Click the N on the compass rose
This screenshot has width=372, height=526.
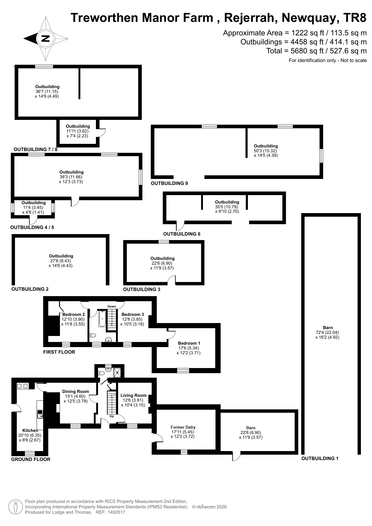tap(45, 38)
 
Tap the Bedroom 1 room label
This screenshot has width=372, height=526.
tap(189, 343)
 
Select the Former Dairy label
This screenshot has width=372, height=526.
tap(183, 427)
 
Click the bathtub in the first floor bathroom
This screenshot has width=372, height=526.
tap(102, 319)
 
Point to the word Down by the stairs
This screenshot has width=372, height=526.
tap(112, 306)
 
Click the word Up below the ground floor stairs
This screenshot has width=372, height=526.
tap(112, 416)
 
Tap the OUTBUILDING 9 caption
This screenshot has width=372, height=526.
tap(169, 183)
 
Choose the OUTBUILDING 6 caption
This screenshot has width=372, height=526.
tap(182, 234)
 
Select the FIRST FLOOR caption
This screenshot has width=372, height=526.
tap(59, 352)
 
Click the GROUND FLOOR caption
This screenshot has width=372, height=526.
tap(31, 459)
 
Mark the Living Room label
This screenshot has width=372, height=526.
tap(133, 395)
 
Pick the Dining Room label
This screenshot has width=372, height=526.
tap(76, 391)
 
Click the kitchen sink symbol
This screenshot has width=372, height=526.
tap(40, 414)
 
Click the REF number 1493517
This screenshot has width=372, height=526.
tap(115, 512)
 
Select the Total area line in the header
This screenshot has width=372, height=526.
tap(317, 51)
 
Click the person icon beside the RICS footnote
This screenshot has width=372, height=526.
tap(15, 507)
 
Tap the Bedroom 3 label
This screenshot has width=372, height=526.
tap(132, 314)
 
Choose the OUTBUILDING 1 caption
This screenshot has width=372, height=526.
tap(320, 458)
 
